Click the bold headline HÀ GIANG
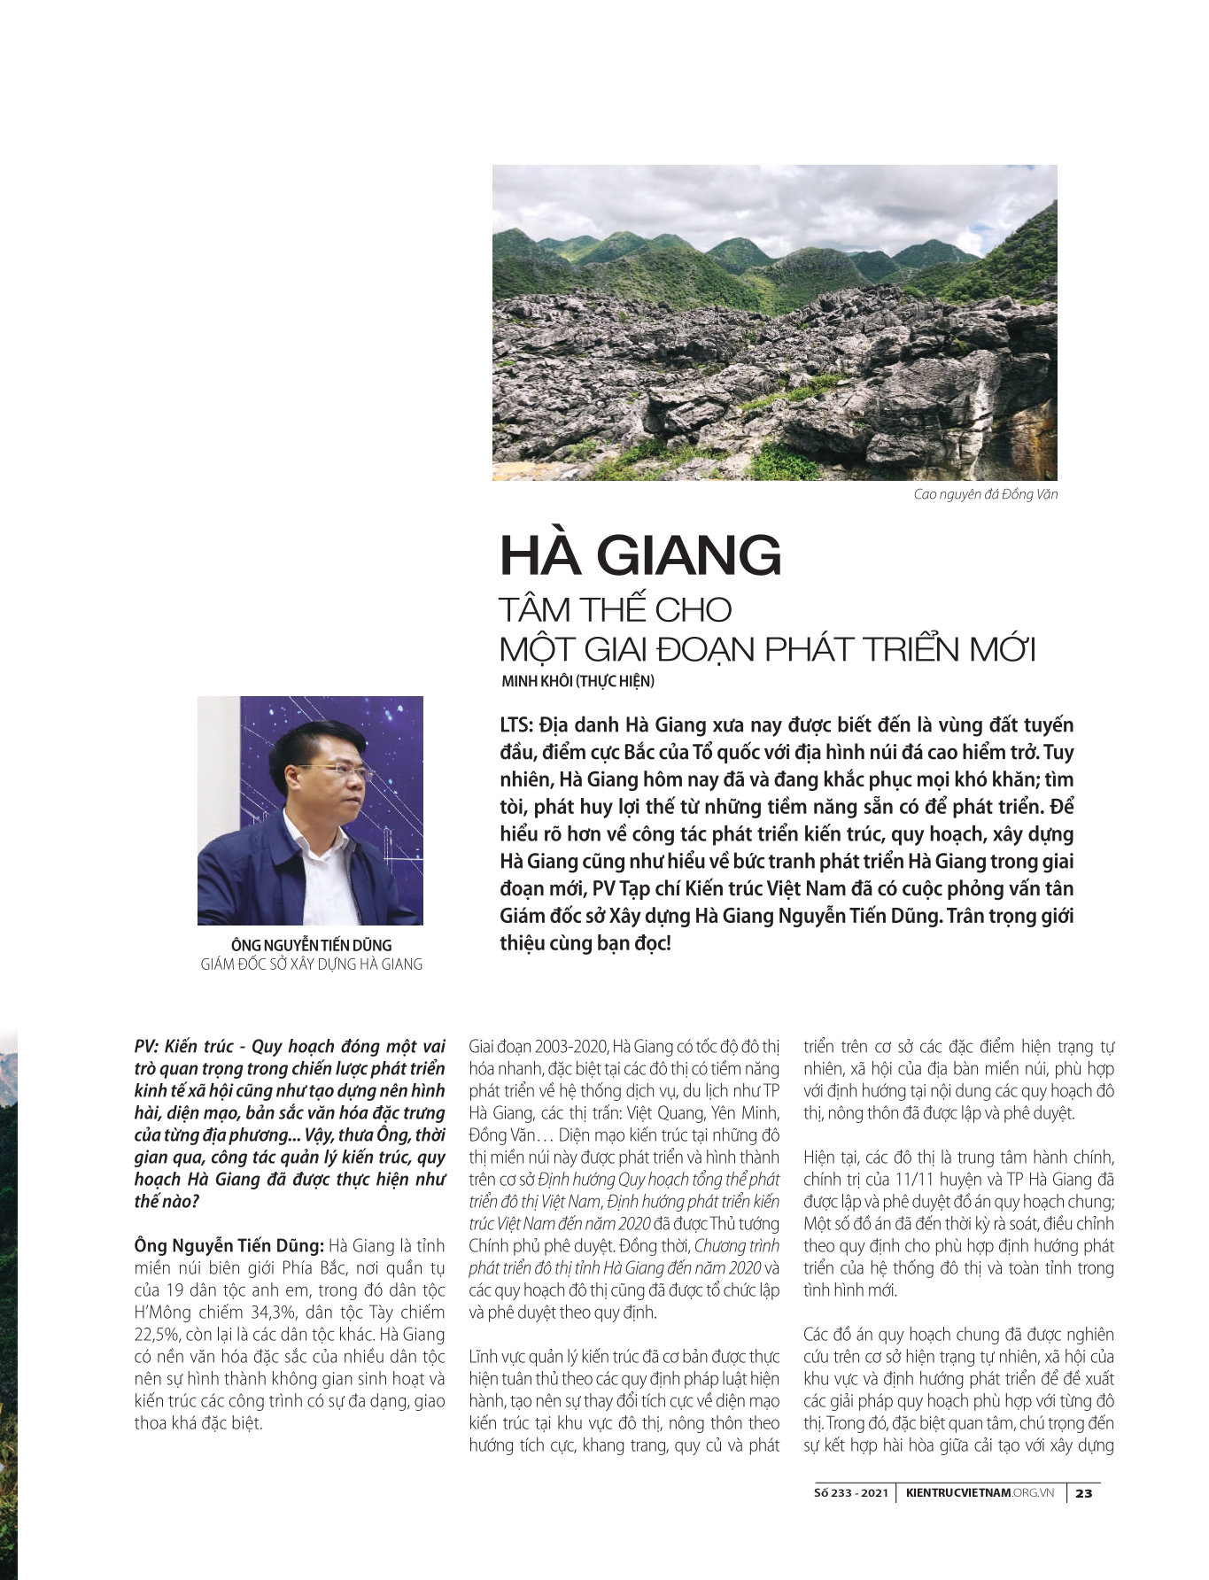click(x=640, y=555)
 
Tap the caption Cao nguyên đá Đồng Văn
click(x=985, y=494)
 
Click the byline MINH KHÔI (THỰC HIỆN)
click(x=577, y=681)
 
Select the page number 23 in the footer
click(x=1084, y=1492)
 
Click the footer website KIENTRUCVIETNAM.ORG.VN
click(x=980, y=1492)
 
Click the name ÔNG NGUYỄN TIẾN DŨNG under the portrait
click(x=311, y=945)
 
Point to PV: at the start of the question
click(x=147, y=1047)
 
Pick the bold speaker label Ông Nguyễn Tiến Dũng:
click(x=229, y=1246)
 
